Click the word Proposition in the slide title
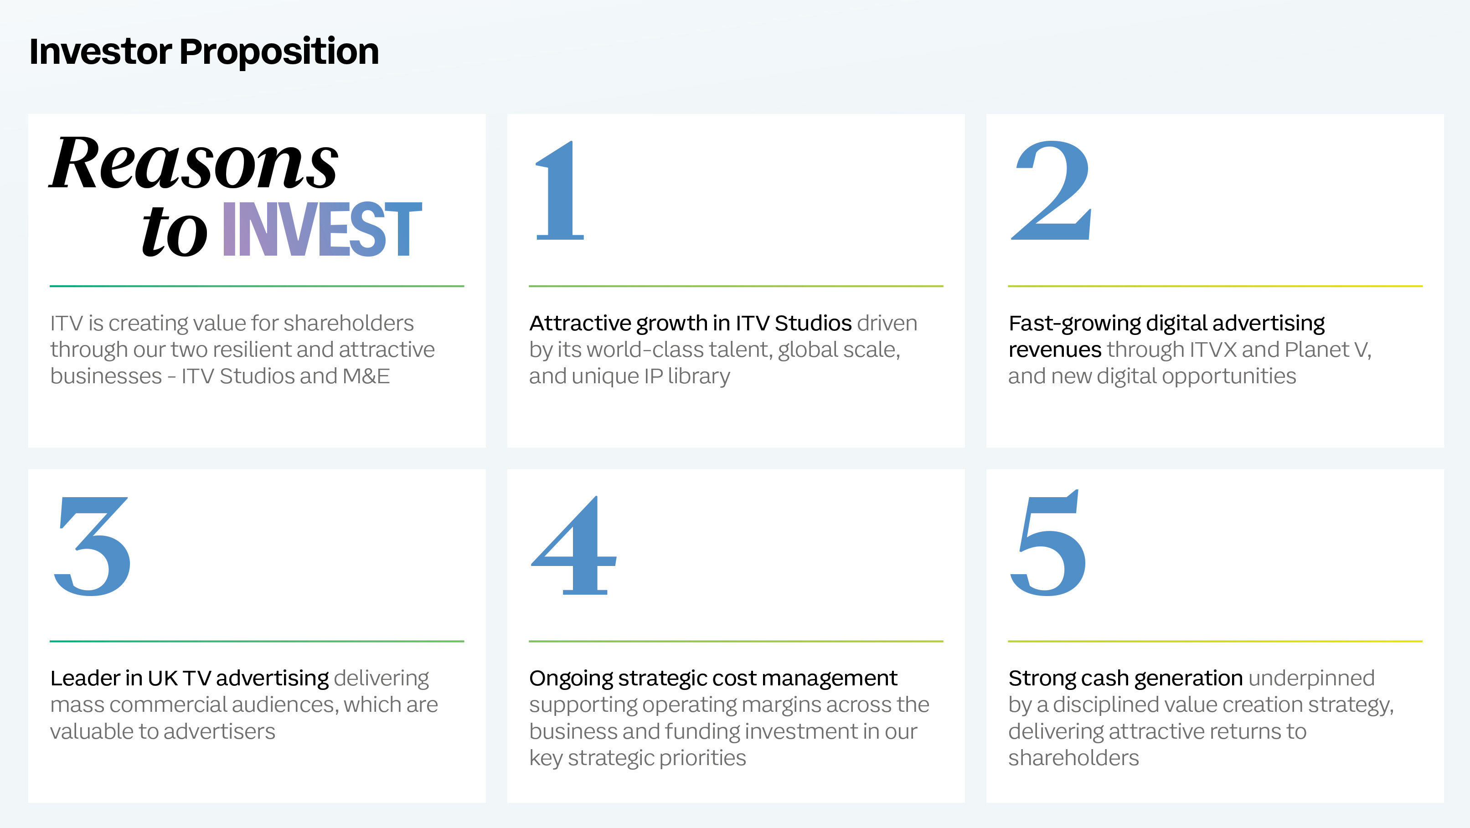[x=279, y=52]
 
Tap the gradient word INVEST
[x=322, y=229]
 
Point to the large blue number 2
[x=1052, y=191]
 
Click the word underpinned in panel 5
[x=1311, y=679]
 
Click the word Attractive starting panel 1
[x=580, y=324]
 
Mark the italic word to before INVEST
[x=175, y=231]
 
